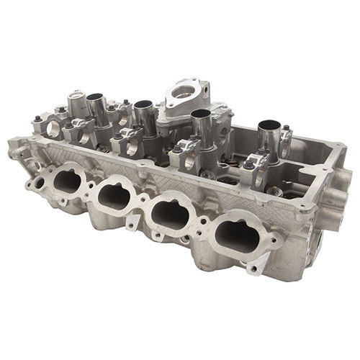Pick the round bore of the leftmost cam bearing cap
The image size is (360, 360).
[x=53, y=130]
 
